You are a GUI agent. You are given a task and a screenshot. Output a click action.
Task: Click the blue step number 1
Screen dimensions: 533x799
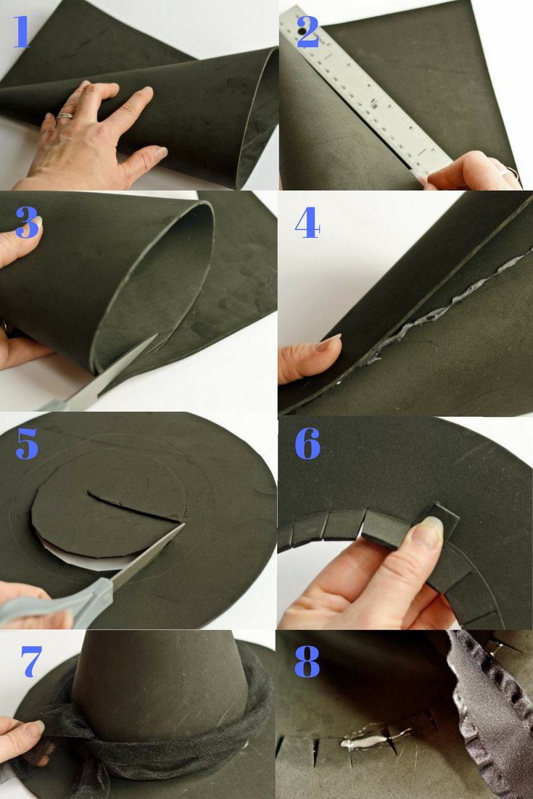click(22, 32)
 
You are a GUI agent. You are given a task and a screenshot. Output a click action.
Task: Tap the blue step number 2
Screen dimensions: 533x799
click(307, 32)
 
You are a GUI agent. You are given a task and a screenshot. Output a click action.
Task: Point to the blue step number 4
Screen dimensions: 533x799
click(307, 223)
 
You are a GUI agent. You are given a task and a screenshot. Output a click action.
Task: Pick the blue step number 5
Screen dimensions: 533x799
click(27, 443)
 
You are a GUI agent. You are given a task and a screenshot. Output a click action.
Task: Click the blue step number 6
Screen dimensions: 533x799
click(307, 443)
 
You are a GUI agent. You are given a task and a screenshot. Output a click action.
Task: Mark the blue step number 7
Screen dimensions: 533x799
click(32, 661)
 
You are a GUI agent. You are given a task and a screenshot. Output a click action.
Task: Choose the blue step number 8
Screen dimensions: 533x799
click(307, 661)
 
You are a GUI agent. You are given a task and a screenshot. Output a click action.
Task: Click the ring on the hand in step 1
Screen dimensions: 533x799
click(65, 117)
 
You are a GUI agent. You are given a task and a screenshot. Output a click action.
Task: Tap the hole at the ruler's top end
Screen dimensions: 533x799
click(301, 32)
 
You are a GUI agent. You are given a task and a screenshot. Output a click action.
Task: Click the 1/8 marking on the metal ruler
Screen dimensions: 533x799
click(373, 104)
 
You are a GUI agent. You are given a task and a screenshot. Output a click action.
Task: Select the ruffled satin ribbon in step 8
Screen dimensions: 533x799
click(479, 713)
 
